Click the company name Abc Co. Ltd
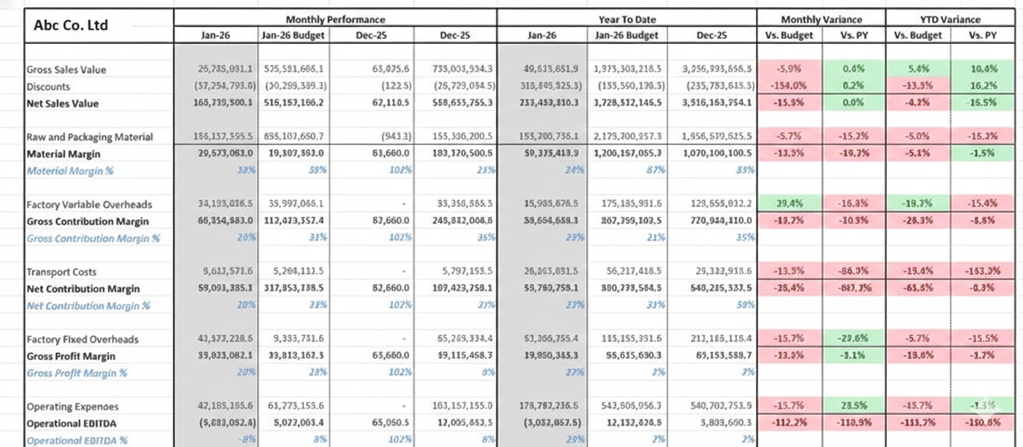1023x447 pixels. [71, 26]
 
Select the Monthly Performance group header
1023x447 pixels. [335, 19]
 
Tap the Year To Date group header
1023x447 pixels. [626, 19]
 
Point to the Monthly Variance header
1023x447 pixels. [821, 19]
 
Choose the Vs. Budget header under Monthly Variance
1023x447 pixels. [789, 35]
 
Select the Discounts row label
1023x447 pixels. [48, 86]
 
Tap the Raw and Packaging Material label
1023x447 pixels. [89, 137]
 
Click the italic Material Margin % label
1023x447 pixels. [69, 171]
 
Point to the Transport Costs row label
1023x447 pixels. [61, 272]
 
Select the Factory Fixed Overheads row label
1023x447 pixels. [82, 339]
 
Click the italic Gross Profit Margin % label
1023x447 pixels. [77, 373]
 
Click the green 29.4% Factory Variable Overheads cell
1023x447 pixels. [789, 204]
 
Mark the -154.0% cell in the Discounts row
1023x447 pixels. [789, 86]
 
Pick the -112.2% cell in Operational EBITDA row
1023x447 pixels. [789, 423]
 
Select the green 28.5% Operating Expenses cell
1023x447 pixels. [853, 406]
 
